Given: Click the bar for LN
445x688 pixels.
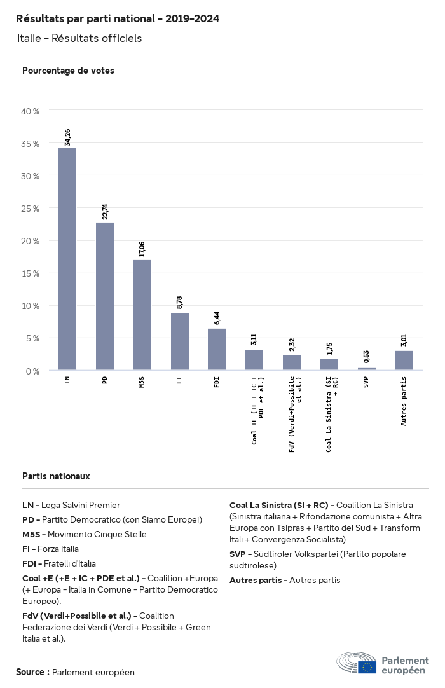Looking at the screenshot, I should [x=67, y=259].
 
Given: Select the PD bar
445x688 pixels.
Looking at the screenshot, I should [x=105, y=296].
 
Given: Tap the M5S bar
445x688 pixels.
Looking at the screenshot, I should [x=142, y=315].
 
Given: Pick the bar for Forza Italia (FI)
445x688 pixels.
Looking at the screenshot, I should [x=180, y=341].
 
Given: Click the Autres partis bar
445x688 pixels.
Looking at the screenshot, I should [x=404, y=361].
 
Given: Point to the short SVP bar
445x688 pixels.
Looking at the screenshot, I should [x=366, y=369].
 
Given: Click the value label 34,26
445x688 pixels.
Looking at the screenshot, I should [x=67, y=136].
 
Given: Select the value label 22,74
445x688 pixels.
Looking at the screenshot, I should [x=105, y=210].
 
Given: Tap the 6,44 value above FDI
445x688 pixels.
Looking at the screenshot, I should [x=217, y=317].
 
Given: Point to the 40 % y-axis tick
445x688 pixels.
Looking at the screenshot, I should [x=31, y=111].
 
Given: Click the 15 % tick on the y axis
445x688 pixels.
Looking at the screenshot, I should [x=31, y=273].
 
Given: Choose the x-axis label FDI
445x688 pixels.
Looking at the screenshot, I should [x=217, y=383].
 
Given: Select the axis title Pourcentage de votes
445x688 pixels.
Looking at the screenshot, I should [x=68, y=71].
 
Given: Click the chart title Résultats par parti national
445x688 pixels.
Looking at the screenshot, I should [x=118, y=19].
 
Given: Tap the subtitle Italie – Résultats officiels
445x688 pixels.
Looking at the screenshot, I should [x=79, y=38].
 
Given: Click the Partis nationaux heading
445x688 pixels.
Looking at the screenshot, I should [x=56, y=476].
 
